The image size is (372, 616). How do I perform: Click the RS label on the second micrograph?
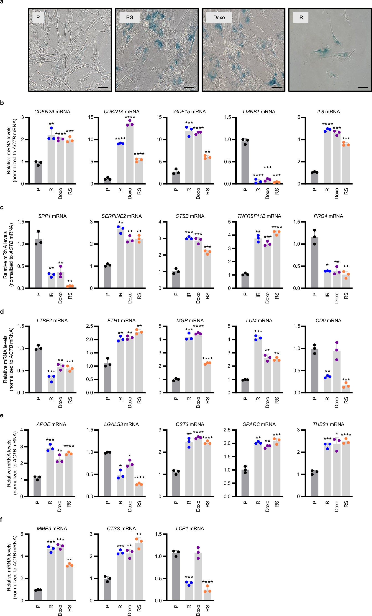coord(129,18)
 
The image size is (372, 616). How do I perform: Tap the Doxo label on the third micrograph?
coord(219,18)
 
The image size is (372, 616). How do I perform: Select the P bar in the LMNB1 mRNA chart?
coord(245,162)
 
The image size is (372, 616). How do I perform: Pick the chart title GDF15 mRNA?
coord(190,112)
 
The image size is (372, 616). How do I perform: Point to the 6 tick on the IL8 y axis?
coord(299,117)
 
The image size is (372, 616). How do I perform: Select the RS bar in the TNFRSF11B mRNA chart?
coord(277,260)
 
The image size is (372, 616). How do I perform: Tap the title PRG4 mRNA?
coord(328,216)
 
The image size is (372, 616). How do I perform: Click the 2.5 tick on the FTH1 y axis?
coord(89,326)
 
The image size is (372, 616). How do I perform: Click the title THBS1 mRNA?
coord(328,424)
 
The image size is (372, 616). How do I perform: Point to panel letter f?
coord(2,520)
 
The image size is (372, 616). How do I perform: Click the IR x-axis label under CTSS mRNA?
coord(120,607)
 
